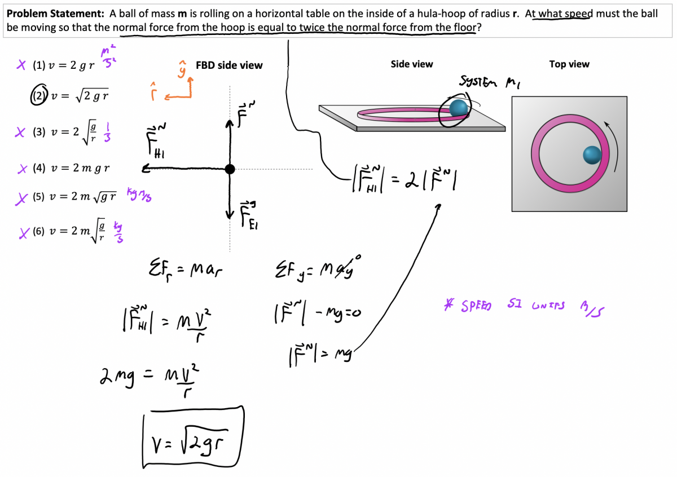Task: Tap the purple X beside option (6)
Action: point(23,233)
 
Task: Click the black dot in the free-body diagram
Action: point(230,169)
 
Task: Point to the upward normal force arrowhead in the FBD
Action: point(230,121)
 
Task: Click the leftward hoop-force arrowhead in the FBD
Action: point(146,169)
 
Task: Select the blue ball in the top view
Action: point(592,154)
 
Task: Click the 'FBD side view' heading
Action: point(229,65)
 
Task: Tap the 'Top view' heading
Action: point(569,64)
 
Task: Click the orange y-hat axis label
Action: point(182,70)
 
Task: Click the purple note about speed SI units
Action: point(522,306)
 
